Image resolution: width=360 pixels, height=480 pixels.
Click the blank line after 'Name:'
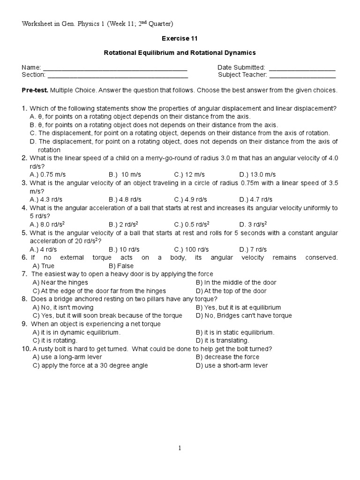[115, 68]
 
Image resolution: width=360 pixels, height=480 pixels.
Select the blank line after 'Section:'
[118, 75]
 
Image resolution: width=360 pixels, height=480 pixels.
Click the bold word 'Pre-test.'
[35, 90]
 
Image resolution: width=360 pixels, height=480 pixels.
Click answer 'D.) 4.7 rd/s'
[256, 199]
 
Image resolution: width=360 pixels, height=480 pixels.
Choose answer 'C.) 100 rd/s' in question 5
[192, 249]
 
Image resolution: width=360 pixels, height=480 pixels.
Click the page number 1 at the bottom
[180, 448]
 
